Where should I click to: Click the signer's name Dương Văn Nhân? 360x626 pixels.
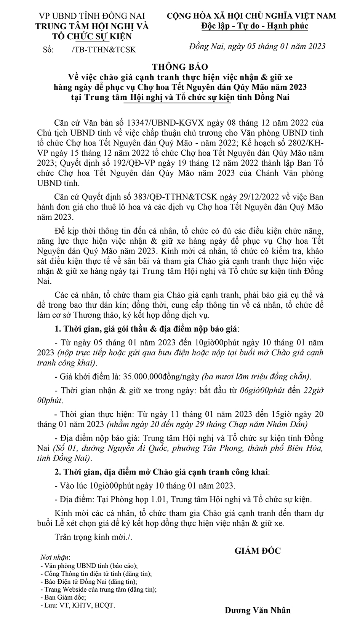click(258, 610)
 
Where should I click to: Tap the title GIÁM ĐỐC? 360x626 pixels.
click(258, 551)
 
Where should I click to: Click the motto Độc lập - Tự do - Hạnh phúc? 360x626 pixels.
click(255, 26)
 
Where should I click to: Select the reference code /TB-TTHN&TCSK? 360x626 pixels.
click(103, 50)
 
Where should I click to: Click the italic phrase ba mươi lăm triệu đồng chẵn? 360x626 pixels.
click(256, 377)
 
